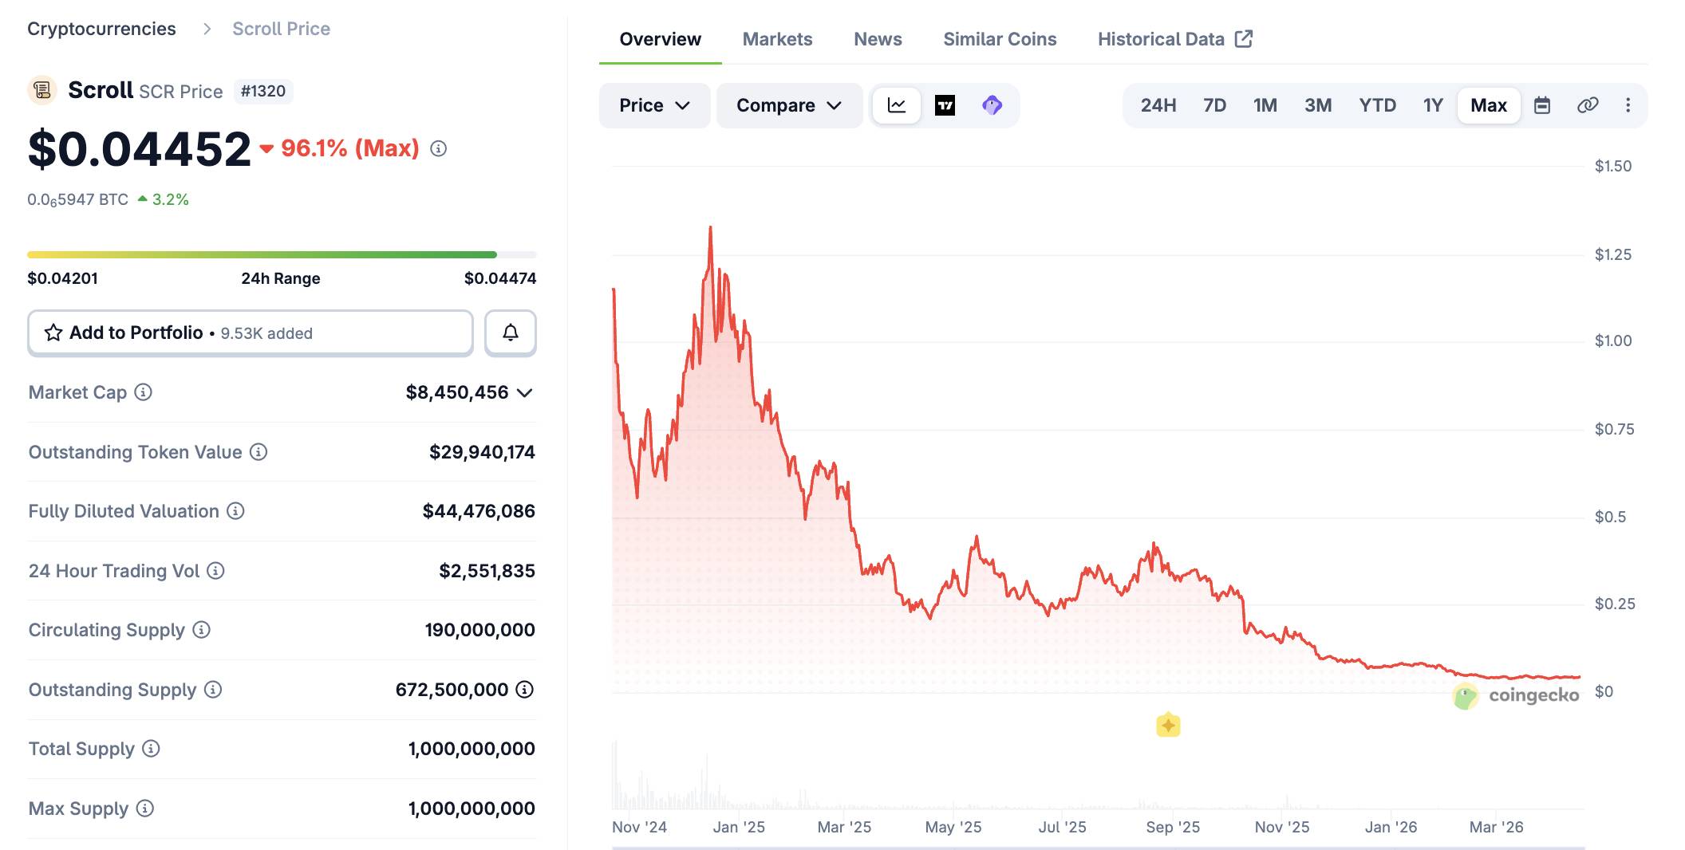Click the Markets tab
click(777, 39)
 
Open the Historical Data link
click(1174, 39)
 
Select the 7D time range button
click(1214, 105)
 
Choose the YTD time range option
click(1377, 105)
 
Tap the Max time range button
click(1488, 105)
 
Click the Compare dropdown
click(789, 105)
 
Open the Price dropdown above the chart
click(654, 105)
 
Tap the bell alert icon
click(511, 333)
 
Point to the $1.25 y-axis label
click(1612, 254)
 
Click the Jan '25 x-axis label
click(739, 827)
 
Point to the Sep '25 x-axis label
click(1173, 827)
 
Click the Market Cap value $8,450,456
click(457, 392)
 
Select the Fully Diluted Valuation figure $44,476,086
click(479, 511)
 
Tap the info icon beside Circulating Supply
click(202, 630)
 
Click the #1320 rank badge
click(263, 91)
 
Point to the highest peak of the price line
click(710, 228)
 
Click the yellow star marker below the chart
click(1168, 725)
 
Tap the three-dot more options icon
click(1628, 105)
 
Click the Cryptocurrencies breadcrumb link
click(101, 29)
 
